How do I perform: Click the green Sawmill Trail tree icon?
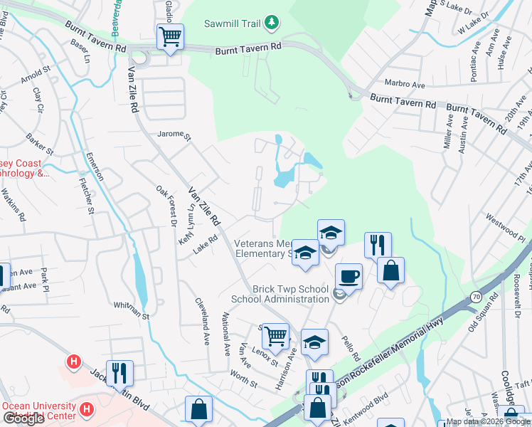coord(271,23)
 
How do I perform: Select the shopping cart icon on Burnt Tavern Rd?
coord(170,36)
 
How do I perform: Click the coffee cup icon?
coord(349,276)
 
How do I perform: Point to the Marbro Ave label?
coord(404,83)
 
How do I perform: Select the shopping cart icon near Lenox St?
coord(275,335)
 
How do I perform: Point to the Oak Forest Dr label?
coord(166,206)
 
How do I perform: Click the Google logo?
coord(24,418)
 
